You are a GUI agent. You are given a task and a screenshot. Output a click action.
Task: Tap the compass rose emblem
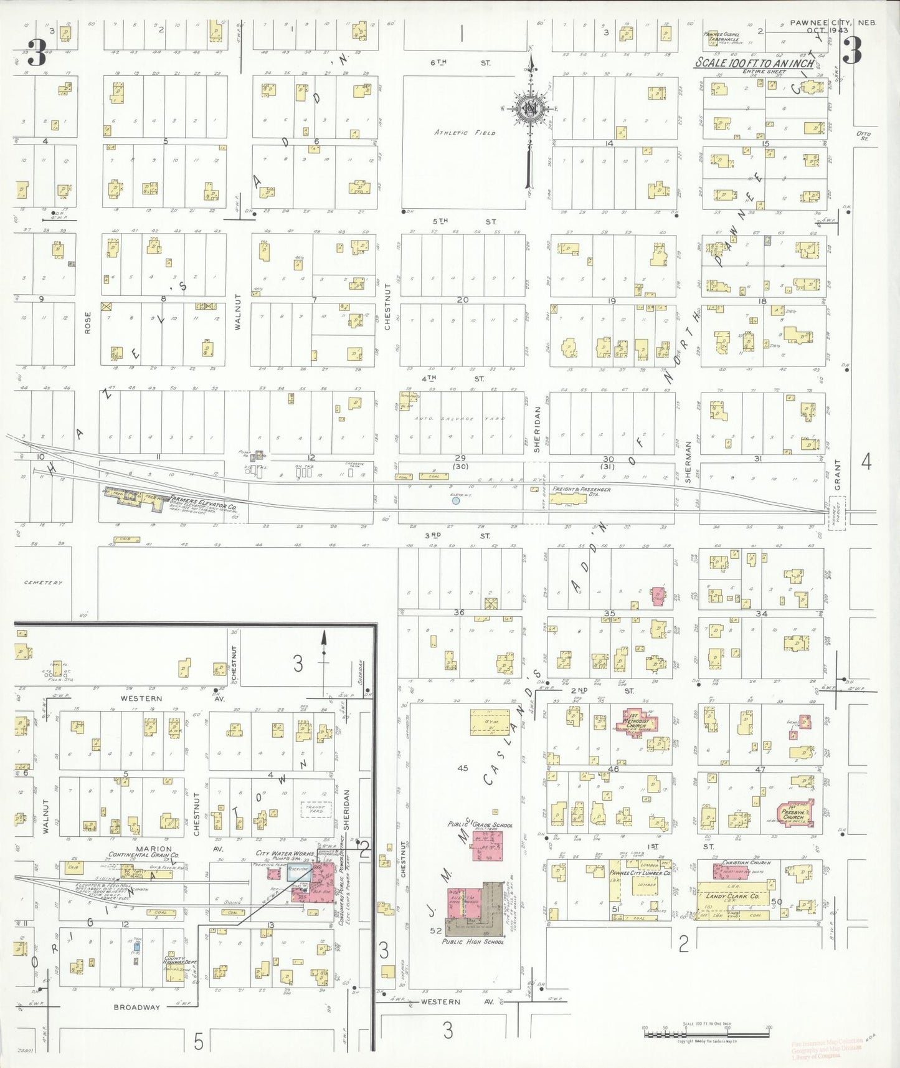click(530, 109)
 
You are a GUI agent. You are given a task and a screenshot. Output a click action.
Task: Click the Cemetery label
click(44, 583)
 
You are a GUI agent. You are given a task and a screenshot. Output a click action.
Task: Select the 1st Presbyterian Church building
click(794, 813)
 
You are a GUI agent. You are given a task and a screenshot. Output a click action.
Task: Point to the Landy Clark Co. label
click(732, 895)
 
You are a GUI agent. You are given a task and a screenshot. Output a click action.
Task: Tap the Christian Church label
click(746, 862)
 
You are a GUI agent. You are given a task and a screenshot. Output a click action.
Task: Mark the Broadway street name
click(137, 1007)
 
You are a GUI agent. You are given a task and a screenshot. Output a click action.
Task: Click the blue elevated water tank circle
click(456, 500)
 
